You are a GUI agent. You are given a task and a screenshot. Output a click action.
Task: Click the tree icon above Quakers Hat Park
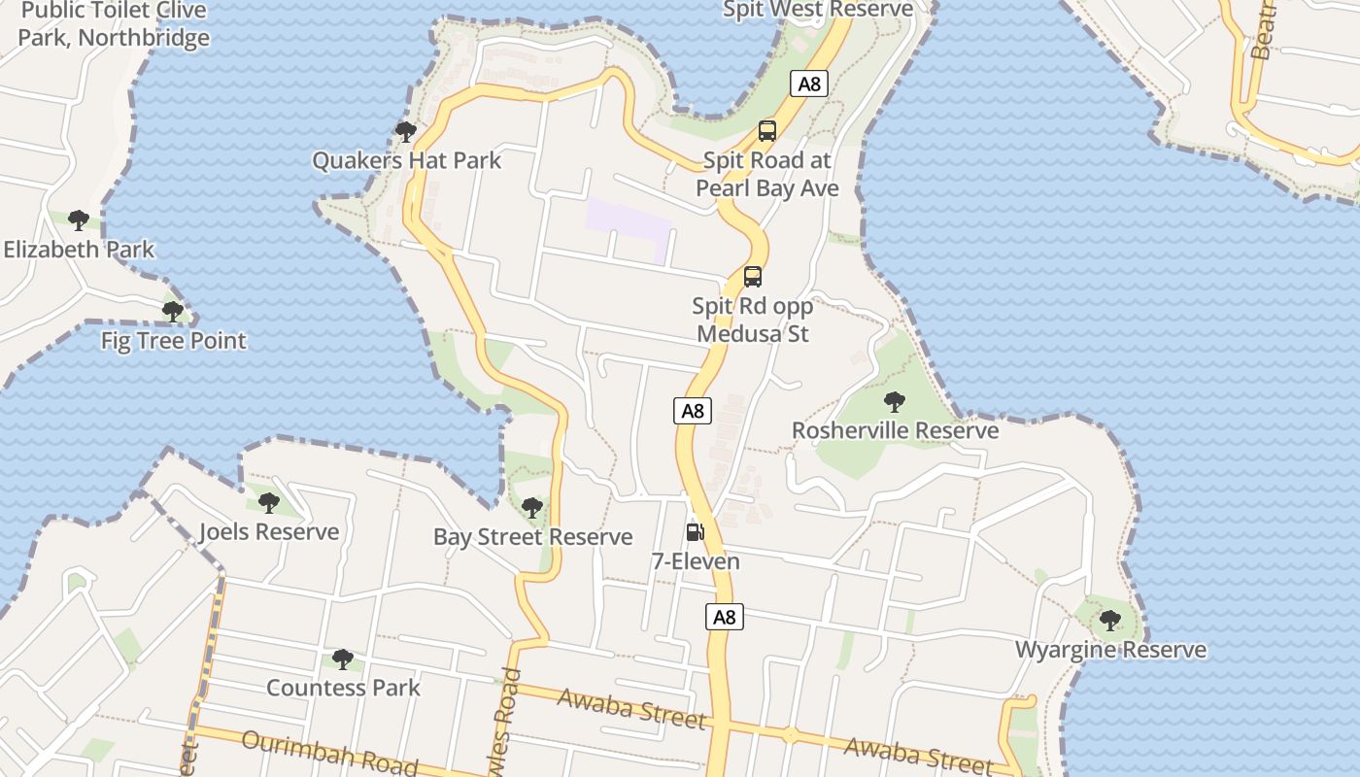[406, 131]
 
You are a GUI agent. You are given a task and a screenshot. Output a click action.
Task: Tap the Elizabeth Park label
[79, 250]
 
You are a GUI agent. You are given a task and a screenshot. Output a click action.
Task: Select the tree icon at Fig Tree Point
[173, 312]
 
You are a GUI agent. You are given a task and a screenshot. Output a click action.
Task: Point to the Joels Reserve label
[269, 532]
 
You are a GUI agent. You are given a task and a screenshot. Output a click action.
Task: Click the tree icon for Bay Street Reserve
[531, 507]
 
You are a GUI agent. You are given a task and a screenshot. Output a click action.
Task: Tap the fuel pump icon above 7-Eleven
[695, 531]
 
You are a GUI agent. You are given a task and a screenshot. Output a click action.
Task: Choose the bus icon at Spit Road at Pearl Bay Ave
[767, 131]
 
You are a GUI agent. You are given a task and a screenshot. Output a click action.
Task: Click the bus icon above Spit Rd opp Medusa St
[753, 277]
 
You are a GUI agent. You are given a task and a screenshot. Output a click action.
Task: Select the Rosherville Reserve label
[895, 430]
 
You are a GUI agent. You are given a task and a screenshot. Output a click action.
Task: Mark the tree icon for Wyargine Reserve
[1110, 620]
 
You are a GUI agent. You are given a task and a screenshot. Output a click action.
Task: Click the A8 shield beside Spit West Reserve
[809, 84]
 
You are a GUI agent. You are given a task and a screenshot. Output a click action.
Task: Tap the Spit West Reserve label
[818, 10]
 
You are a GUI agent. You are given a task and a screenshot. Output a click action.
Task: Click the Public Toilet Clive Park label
[114, 24]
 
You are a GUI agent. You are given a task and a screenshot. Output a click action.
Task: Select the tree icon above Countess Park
[342, 659]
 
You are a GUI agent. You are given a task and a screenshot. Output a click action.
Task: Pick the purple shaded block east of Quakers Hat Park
[628, 227]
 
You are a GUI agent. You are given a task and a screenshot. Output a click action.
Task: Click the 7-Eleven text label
[695, 561]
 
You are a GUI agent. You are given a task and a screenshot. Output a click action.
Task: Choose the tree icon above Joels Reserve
[269, 503]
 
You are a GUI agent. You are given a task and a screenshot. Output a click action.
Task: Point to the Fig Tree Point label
[174, 341]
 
